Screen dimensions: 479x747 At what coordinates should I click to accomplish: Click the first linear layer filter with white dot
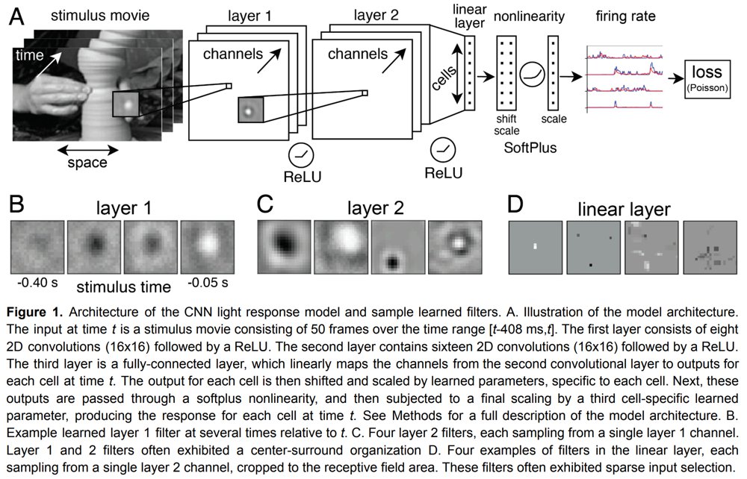coord(535,245)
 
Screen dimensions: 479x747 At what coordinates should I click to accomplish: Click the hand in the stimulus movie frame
coord(56,96)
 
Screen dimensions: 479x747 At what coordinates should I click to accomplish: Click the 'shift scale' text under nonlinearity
coord(506,124)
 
